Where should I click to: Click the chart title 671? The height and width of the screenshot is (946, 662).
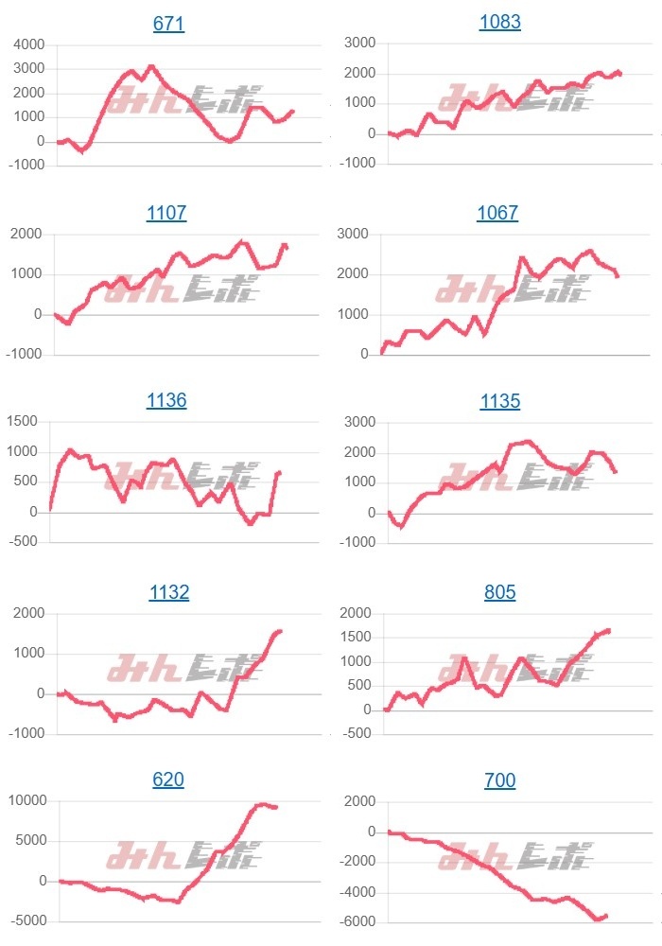(168, 24)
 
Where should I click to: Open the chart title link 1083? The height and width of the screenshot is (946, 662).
(499, 22)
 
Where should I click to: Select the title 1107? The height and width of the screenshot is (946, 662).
(166, 214)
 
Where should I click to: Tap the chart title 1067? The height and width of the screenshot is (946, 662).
(497, 213)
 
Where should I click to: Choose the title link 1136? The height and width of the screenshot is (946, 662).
(166, 401)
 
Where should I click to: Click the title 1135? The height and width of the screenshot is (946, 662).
(499, 401)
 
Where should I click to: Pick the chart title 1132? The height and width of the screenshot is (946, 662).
(168, 593)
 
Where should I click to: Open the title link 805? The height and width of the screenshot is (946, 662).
(499, 592)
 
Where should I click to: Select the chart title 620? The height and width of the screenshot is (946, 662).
(168, 780)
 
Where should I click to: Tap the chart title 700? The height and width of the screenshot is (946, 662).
(499, 780)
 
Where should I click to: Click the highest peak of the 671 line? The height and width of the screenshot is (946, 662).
(151, 66)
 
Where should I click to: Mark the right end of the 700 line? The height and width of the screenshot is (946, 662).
(605, 915)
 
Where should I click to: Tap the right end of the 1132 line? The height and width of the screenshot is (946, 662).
(280, 631)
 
